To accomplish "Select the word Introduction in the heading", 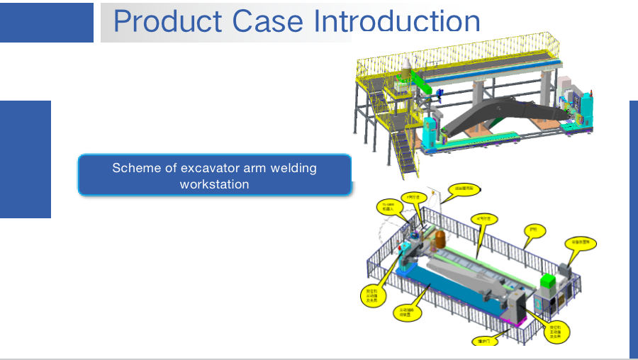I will pyautogui.click(x=397, y=21).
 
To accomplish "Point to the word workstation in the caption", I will pyautogui.click(x=214, y=184).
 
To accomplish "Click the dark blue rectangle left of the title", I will pyautogui.click(x=46, y=22).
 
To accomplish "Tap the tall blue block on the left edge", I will pyautogui.click(x=26, y=159).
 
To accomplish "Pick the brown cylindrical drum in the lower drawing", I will pyautogui.click(x=439, y=238).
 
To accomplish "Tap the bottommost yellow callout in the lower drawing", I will pyautogui.click(x=484, y=341).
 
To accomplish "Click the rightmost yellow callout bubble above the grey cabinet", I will pyautogui.click(x=584, y=242).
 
